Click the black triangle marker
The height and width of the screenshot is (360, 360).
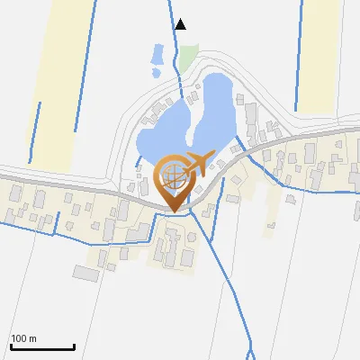(x=181, y=24)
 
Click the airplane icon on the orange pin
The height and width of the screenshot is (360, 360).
(x=201, y=161)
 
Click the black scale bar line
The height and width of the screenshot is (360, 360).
(x=41, y=347)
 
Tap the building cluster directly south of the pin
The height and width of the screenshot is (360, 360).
(x=175, y=247)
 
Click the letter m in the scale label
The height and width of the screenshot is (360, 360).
(x=33, y=339)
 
